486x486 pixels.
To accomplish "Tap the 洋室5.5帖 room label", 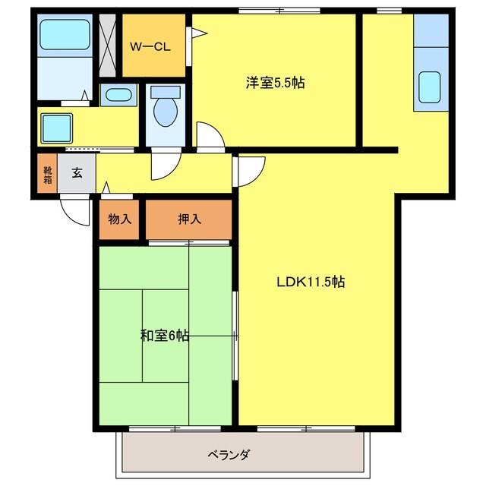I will [x=275, y=83].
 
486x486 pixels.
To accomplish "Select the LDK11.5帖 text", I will [x=310, y=282].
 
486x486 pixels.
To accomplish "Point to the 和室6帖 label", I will [x=164, y=335].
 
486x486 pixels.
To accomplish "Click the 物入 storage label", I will [x=120, y=220].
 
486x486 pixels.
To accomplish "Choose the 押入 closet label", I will [x=189, y=220].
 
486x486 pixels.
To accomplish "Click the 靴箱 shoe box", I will [x=47, y=174].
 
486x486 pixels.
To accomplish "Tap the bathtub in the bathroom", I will [x=64, y=35].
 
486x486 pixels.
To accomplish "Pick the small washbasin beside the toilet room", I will [x=118, y=96].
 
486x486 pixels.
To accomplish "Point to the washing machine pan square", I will [x=56, y=125].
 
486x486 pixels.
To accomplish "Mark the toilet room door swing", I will [x=164, y=163].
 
